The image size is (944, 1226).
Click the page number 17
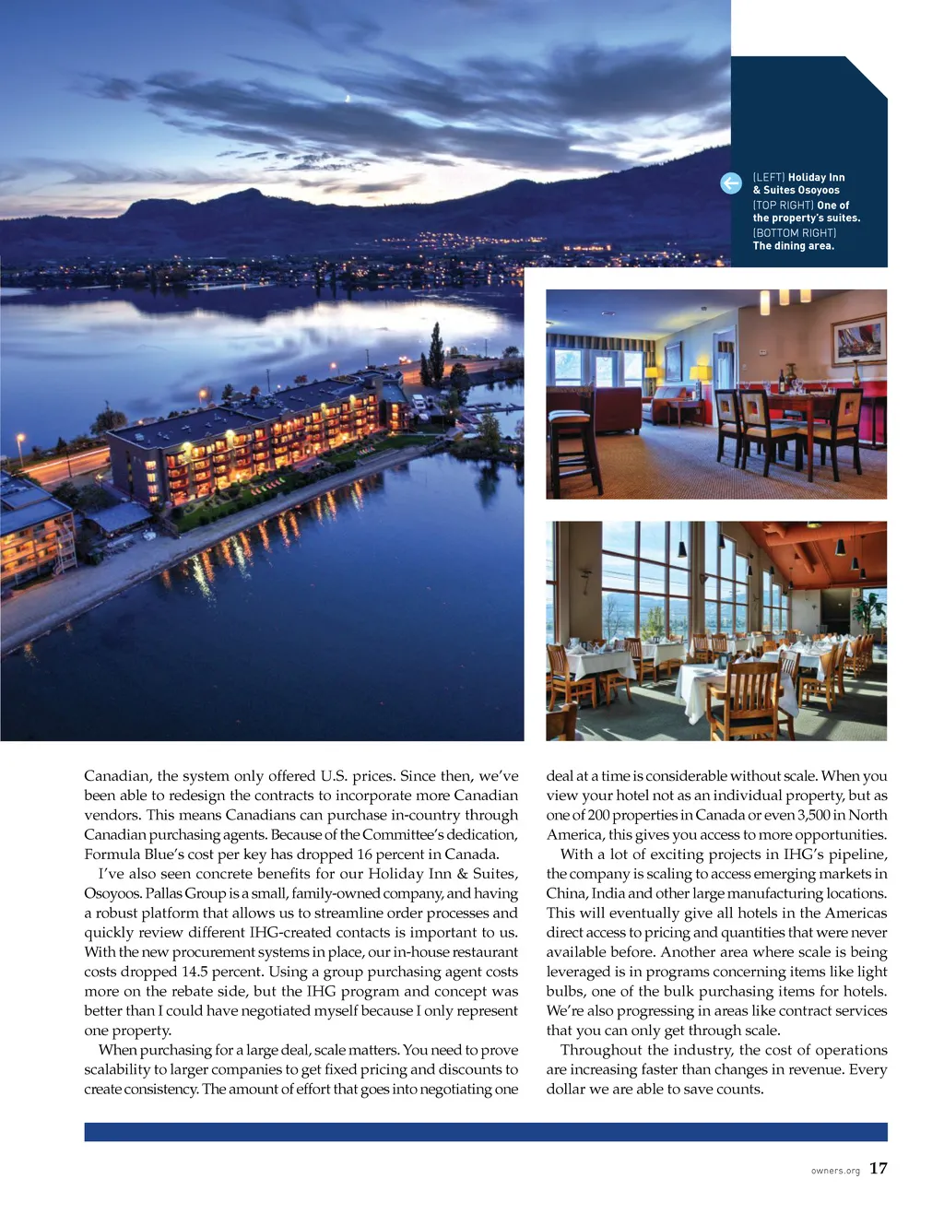click(878, 1168)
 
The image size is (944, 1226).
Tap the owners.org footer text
click(835, 1171)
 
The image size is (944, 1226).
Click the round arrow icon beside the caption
click(731, 183)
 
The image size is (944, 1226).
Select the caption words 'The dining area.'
click(793, 246)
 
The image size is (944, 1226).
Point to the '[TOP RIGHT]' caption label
click(783, 206)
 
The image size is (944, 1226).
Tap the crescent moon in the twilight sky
click(347, 98)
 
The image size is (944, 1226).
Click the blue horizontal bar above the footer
click(486, 1132)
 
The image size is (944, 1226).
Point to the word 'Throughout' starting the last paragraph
click(600, 1050)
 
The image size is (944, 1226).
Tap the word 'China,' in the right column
click(566, 893)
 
